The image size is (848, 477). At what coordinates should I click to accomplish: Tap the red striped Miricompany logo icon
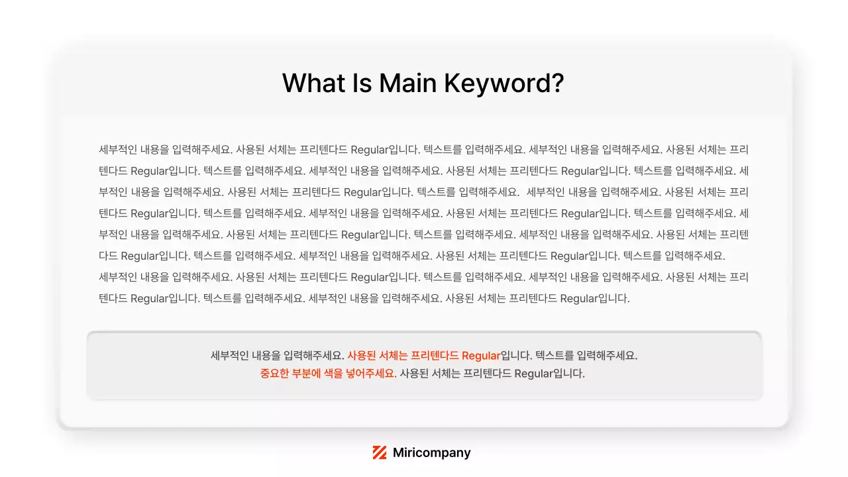click(380, 452)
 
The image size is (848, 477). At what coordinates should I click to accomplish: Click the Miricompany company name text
click(431, 453)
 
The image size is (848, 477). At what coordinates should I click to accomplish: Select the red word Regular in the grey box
click(481, 356)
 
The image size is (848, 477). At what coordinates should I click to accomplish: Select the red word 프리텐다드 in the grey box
click(435, 356)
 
